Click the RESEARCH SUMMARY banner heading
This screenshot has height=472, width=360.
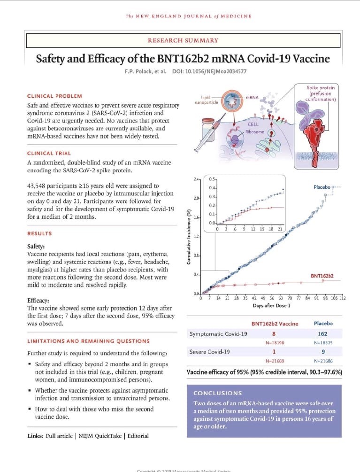[x=183, y=40]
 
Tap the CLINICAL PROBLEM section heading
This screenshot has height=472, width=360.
[x=54, y=96]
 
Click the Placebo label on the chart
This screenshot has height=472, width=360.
[x=322, y=187]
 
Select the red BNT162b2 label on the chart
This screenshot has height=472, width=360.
[x=322, y=276]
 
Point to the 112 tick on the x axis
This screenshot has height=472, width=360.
[x=342, y=298]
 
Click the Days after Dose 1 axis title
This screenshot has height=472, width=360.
[x=271, y=306]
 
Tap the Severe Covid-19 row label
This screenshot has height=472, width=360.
[x=210, y=352]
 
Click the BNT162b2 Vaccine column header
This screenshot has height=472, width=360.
[x=275, y=324]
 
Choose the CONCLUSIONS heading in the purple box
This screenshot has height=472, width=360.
[x=218, y=393]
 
